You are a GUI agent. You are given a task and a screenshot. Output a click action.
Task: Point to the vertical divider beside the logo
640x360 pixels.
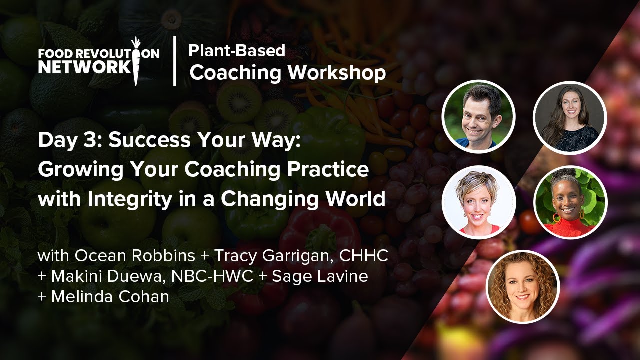174,61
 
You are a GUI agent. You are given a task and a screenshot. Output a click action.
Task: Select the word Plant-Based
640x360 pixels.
237,50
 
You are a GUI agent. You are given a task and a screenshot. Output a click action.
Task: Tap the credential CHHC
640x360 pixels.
363,256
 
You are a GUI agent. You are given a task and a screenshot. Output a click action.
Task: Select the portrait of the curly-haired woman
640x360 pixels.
523,287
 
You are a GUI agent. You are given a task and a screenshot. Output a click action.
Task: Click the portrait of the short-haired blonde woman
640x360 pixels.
478,202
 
